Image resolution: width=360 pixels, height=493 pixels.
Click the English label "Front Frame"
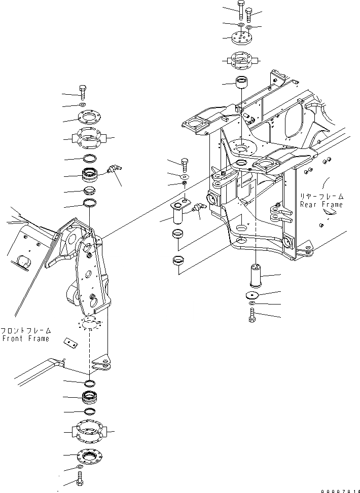[x=25, y=338]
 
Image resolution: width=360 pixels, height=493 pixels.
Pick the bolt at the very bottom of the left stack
[x=81, y=477]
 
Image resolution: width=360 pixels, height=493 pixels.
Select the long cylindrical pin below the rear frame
[x=255, y=276]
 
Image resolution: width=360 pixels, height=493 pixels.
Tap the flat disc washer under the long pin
[x=253, y=295]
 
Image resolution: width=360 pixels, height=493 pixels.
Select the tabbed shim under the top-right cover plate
[x=242, y=60]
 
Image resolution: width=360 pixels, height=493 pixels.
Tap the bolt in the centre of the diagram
[x=185, y=164]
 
